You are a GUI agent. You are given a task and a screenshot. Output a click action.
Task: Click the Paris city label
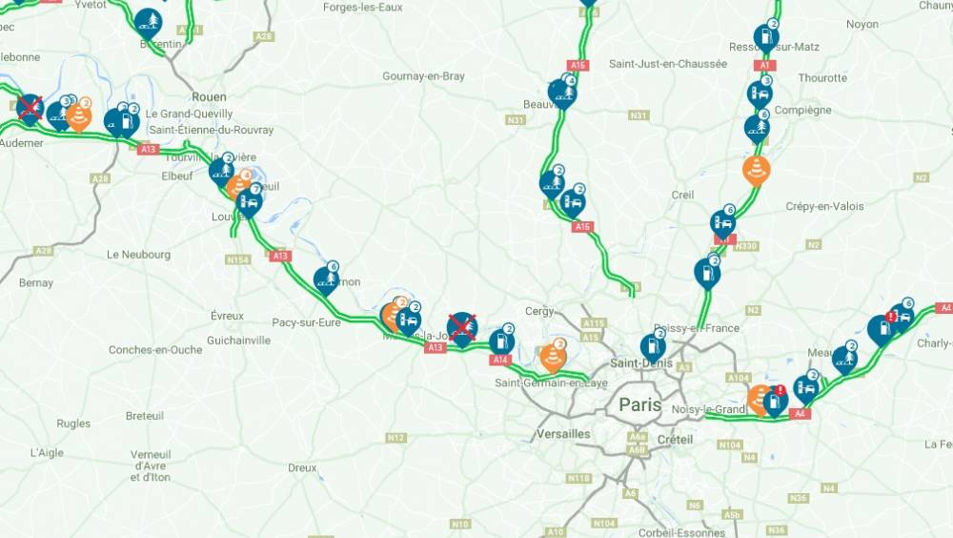pyautogui.click(x=639, y=404)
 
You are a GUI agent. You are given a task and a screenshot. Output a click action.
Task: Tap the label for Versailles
pyautogui.click(x=562, y=434)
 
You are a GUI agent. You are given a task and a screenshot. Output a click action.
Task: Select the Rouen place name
pyautogui.click(x=209, y=96)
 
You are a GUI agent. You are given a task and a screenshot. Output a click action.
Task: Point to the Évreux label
pyautogui.click(x=227, y=316)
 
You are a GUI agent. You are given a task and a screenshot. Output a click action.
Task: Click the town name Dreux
pyautogui.click(x=302, y=467)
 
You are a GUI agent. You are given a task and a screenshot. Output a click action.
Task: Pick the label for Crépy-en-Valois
pyautogui.click(x=824, y=206)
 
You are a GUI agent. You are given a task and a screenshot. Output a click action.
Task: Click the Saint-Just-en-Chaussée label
pyautogui.click(x=668, y=64)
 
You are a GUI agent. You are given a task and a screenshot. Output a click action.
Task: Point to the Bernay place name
pyautogui.click(x=36, y=283)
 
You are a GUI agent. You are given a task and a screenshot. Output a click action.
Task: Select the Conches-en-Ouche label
pyautogui.click(x=155, y=350)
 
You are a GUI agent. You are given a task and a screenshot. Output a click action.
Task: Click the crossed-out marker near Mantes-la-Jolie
pyautogui.click(x=462, y=327)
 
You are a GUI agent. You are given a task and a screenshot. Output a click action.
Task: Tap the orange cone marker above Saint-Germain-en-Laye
pyautogui.click(x=553, y=356)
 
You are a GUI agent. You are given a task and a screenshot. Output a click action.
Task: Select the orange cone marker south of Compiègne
pyautogui.click(x=756, y=169)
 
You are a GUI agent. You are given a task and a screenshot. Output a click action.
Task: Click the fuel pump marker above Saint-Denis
pyautogui.click(x=653, y=345)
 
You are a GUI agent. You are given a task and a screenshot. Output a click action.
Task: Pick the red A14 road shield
pyautogui.click(x=500, y=360)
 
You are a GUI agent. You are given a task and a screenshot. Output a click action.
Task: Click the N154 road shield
pyautogui.click(x=237, y=259)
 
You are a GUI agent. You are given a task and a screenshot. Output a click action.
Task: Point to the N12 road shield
pyautogui.click(x=396, y=438)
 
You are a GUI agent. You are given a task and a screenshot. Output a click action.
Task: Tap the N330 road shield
pyautogui.click(x=747, y=245)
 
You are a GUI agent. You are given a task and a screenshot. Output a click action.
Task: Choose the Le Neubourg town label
pyautogui.click(x=139, y=255)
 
